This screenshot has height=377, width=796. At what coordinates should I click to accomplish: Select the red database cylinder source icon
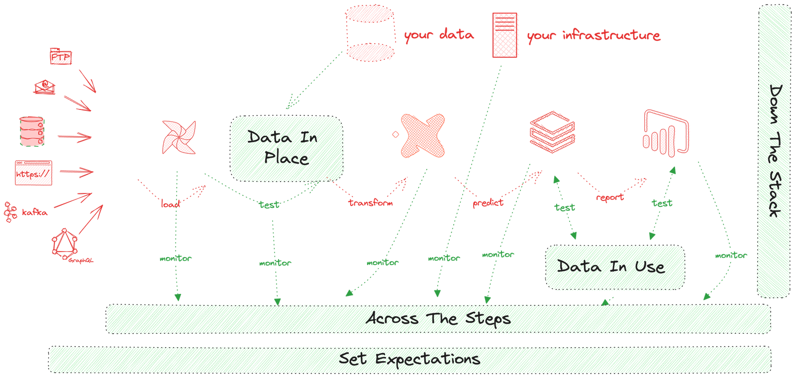[32, 132]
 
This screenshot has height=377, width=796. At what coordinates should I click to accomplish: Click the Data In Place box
[286, 148]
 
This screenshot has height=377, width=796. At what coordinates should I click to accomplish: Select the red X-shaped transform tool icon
[423, 136]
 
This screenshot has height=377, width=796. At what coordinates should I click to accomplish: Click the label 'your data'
[438, 35]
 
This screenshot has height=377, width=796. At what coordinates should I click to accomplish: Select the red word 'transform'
[371, 202]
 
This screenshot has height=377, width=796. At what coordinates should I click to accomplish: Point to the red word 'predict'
[488, 202]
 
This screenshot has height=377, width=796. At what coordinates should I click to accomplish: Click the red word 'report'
[610, 197]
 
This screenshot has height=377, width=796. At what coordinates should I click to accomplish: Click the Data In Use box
[615, 267]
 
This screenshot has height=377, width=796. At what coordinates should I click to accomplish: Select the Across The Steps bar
[438, 318]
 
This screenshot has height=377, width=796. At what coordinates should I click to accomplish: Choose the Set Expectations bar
[410, 359]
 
